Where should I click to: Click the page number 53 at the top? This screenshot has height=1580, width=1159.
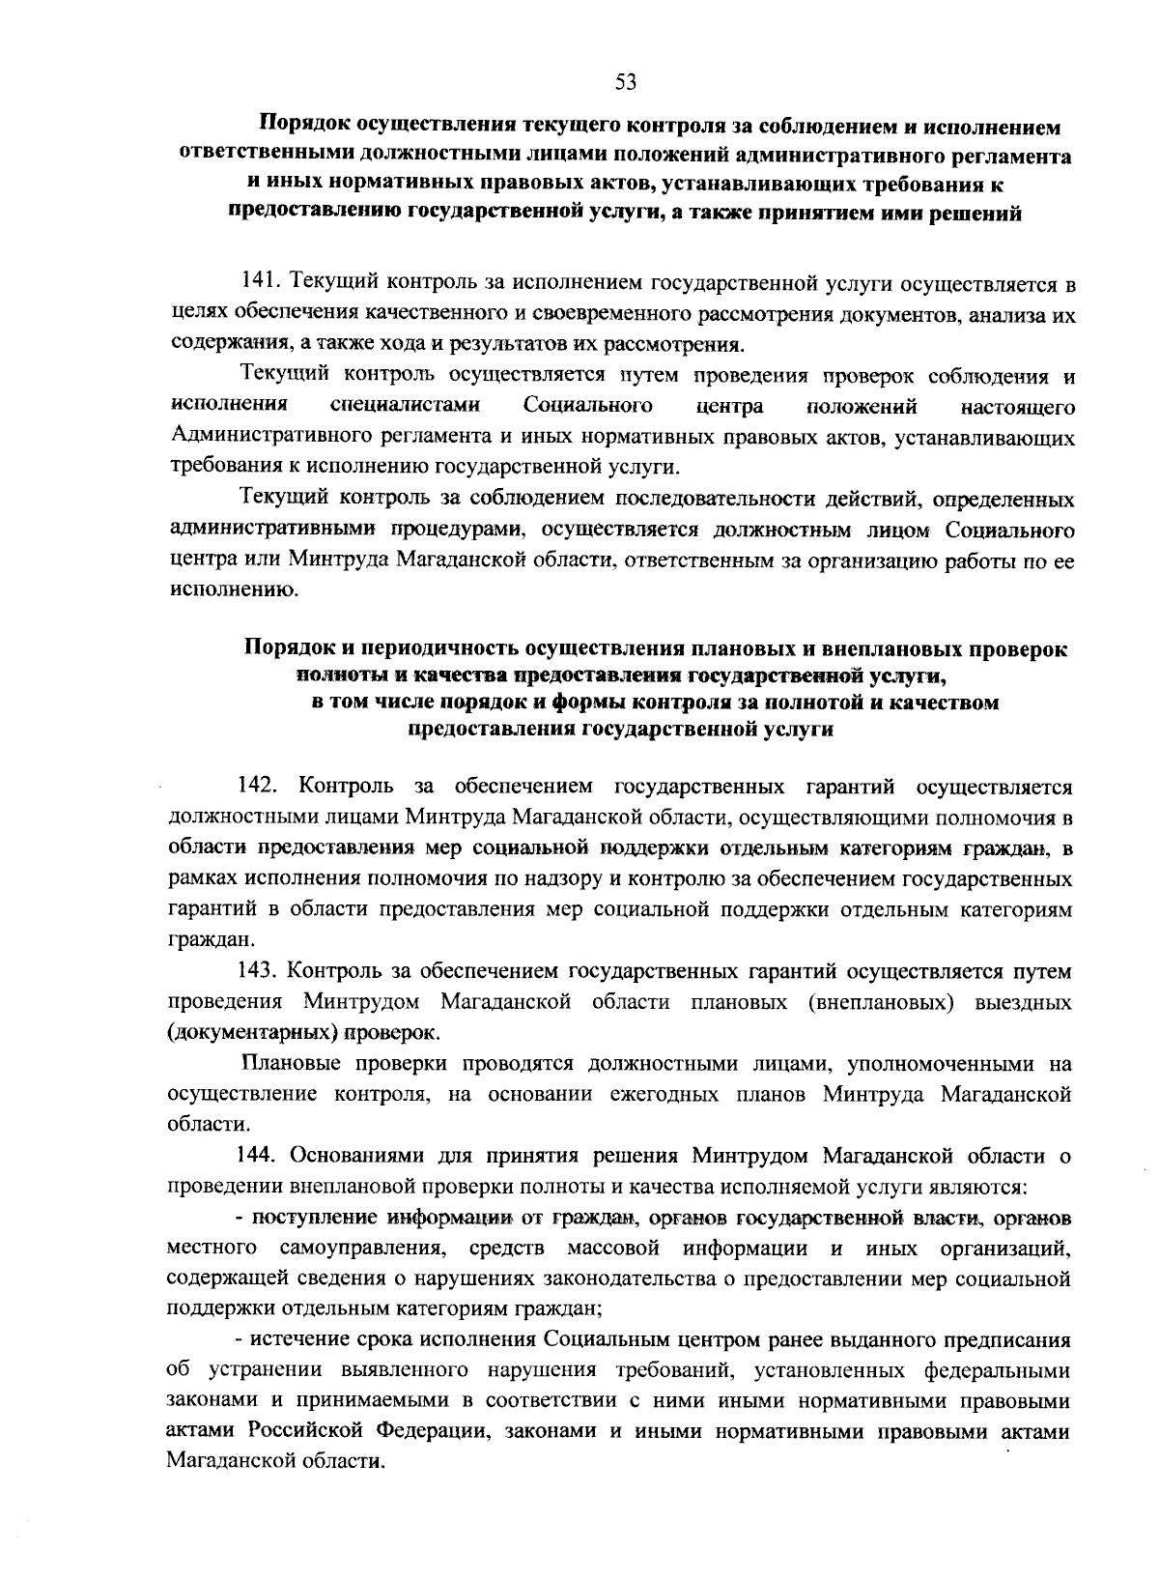(x=626, y=82)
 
